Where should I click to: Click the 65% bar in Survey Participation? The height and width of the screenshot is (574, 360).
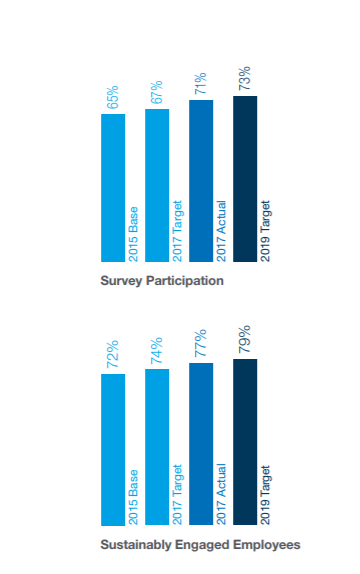[x=113, y=188]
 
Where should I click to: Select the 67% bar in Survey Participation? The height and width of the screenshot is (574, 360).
[x=157, y=185]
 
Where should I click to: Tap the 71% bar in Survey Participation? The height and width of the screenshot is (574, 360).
[x=201, y=181]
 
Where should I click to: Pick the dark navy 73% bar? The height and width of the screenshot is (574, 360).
[x=245, y=179]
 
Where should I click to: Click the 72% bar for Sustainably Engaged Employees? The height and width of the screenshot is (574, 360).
[x=113, y=450]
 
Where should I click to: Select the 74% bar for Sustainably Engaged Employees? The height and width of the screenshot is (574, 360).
[x=157, y=447]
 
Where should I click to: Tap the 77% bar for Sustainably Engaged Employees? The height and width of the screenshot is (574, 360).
[x=201, y=444]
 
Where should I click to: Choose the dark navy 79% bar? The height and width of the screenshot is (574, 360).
[x=245, y=442]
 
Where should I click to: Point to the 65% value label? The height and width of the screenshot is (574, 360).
[x=113, y=97]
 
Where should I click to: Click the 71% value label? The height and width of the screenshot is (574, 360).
[x=201, y=83]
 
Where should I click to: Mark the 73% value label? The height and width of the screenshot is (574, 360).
[x=245, y=78]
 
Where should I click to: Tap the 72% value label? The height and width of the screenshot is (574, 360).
[x=113, y=354]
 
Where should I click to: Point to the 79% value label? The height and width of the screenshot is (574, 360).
[x=245, y=339]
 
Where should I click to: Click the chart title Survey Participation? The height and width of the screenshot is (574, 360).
[x=162, y=281]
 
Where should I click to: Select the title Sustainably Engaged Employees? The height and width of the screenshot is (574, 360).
[x=200, y=545]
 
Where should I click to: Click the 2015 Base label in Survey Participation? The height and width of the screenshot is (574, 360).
[x=133, y=234]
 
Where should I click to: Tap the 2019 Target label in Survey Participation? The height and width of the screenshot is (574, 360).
[x=265, y=231]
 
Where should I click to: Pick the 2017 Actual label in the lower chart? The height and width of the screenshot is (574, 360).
[x=221, y=494]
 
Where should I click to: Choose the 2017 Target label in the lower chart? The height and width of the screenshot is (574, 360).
[x=177, y=495]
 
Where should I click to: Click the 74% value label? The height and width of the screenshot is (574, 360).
[x=157, y=351]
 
